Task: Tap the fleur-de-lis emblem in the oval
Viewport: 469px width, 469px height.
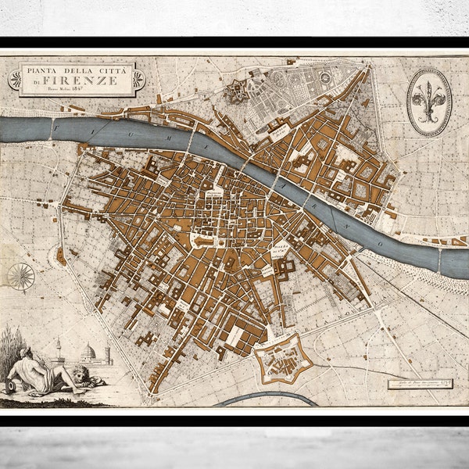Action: (x=429, y=101)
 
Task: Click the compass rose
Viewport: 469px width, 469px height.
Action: (x=21, y=276)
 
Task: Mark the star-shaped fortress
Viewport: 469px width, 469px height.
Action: (x=282, y=360)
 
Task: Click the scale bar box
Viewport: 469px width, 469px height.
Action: (x=420, y=384)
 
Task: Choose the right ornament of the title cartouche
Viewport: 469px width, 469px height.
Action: (x=138, y=79)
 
